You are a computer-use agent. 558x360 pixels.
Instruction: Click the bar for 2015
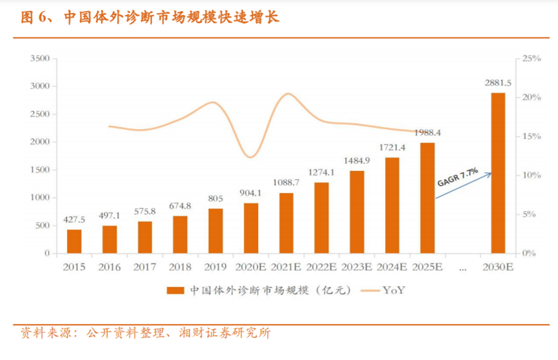tap(74, 241)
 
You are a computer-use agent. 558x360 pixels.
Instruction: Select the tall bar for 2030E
tap(497, 173)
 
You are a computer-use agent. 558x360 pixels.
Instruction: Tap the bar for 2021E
tap(286, 223)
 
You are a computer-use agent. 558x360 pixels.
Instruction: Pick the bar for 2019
tap(215, 230)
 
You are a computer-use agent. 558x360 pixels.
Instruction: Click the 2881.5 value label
tap(497, 83)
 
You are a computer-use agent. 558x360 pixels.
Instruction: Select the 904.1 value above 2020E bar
tap(251, 192)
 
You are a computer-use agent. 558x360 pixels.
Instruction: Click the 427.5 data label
tap(74, 219)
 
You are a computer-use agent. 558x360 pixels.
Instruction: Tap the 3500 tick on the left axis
tap(39, 59)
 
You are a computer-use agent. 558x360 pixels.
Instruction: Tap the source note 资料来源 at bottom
tap(145, 334)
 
